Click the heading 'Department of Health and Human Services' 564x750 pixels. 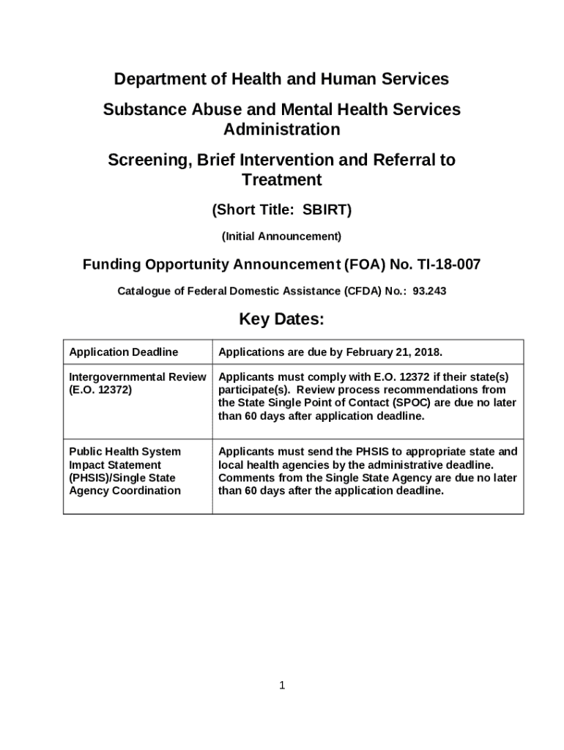[281, 78]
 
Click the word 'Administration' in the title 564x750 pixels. [281, 130]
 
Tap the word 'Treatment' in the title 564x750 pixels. [281, 179]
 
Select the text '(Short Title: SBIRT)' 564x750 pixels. [281, 210]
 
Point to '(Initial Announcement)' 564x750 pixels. [281, 237]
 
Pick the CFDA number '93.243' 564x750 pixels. [429, 291]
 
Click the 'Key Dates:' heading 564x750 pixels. [281, 320]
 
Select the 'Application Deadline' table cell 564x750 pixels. [123, 352]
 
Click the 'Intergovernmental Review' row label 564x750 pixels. [137, 376]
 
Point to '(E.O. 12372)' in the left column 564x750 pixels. [100, 390]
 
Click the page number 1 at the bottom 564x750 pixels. [281, 686]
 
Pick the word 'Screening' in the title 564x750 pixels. [146, 160]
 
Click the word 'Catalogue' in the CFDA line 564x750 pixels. [144, 291]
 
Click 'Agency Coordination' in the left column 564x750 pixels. [125, 491]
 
